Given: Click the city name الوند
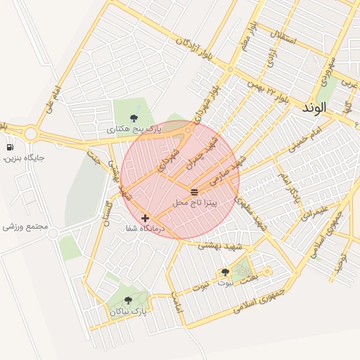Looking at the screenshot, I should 314,108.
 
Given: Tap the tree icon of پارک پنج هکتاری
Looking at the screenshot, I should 134,118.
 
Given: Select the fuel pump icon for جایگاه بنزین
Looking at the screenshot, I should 10,147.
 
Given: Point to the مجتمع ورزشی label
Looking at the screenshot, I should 25,227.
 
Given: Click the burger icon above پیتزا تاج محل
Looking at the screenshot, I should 194,192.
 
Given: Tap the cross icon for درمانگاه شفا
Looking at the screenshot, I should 145,218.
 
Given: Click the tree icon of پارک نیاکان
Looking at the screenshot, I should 128,300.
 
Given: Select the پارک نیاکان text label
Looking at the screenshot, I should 128,311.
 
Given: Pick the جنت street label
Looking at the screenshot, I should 93,157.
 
